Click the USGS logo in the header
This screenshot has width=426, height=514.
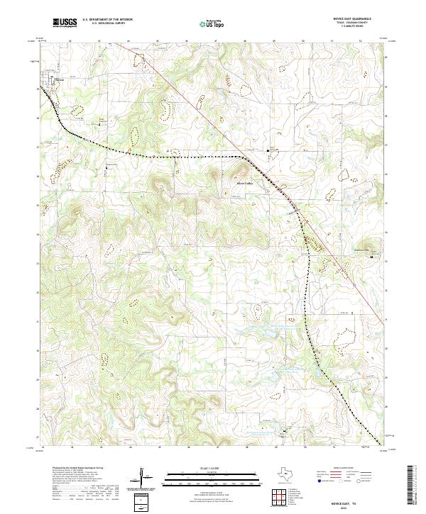pos(65,23)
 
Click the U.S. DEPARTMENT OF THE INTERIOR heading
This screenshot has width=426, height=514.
pos(107,20)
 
